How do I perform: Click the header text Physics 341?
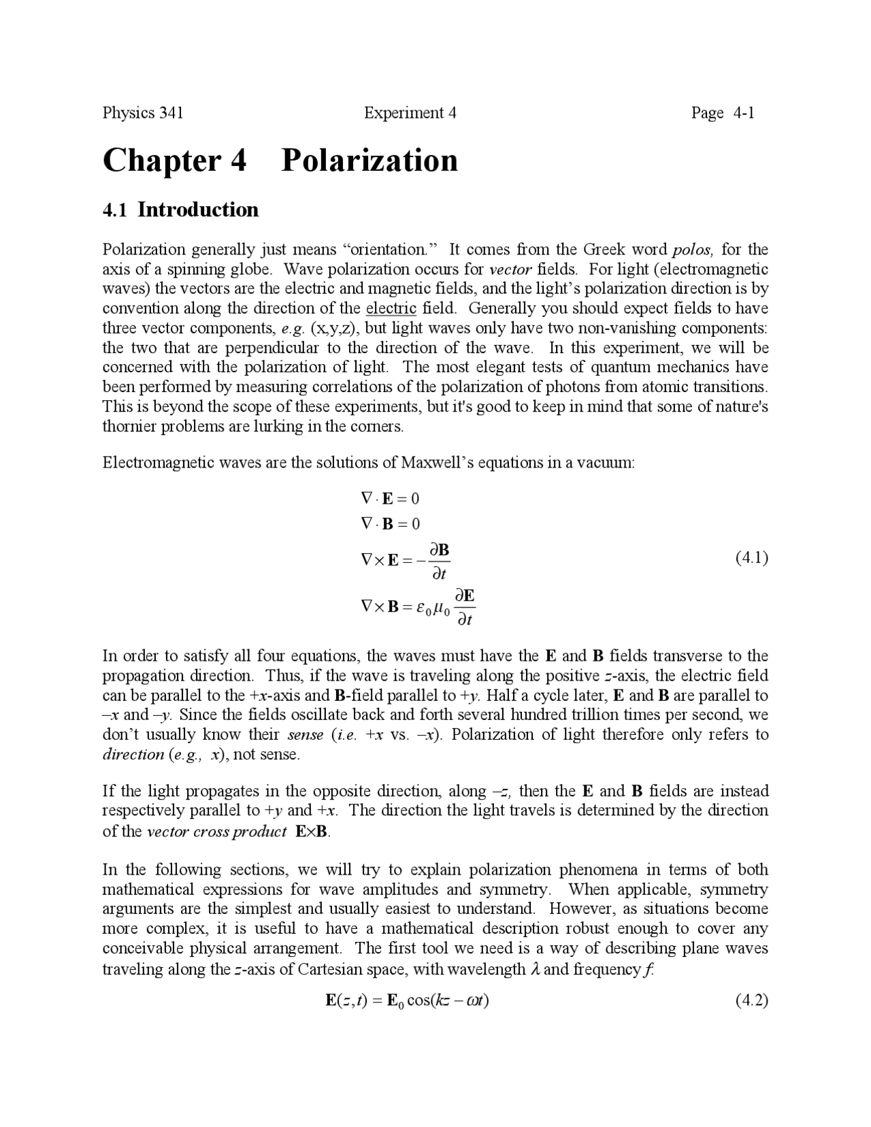143,113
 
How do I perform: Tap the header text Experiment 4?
410,113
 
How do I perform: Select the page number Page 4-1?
723,113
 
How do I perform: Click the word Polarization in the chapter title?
369,161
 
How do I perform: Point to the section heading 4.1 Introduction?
180,210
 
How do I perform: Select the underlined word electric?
391,308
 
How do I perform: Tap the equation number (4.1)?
751,558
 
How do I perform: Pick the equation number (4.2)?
751,1000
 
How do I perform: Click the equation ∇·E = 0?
390,499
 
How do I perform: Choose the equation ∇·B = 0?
390,524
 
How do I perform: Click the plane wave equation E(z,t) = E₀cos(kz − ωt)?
407,1000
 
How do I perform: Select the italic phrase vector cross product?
216,832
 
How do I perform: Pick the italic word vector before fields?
510,269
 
